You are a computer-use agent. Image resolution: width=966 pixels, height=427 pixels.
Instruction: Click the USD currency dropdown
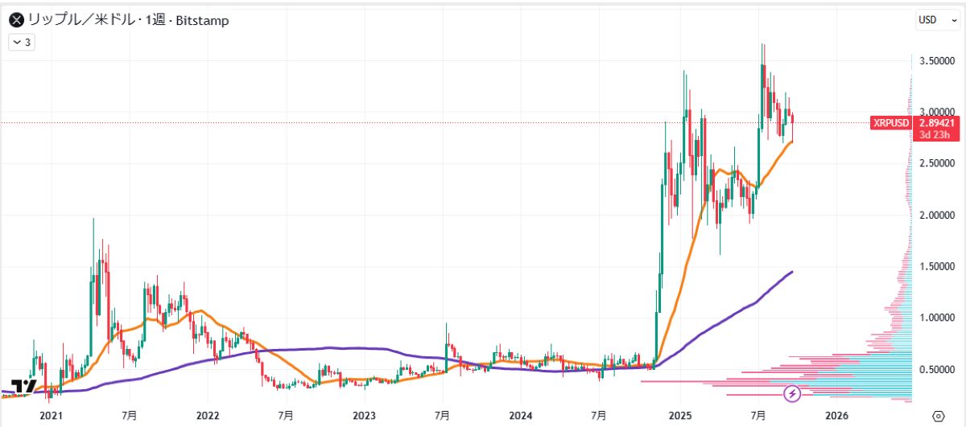pyautogui.click(x=934, y=20)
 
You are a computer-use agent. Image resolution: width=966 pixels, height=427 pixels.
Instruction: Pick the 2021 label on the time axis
pyautogui.click(x=50, y=416)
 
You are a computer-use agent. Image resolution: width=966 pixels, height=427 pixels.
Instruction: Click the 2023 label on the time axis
pyautogui.click(x=364, y=416)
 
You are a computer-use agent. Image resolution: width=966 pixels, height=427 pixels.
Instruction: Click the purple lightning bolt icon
pyautogui.click(x=793, y=393)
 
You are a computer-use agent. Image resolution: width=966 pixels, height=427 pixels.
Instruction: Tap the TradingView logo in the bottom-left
pyautogui.click(x=23, y=385)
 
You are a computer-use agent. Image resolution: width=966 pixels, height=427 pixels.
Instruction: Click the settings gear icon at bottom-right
pyautogui.click(x=936, y=416)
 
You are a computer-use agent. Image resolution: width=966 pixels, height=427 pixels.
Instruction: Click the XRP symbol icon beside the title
pyautogui.click(x=15, y=20)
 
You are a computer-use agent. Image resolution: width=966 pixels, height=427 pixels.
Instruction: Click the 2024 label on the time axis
pyautogui.click(x=521, y=416)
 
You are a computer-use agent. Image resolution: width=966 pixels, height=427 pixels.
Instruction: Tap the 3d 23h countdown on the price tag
pyautogui.click(x=932, y=135)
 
